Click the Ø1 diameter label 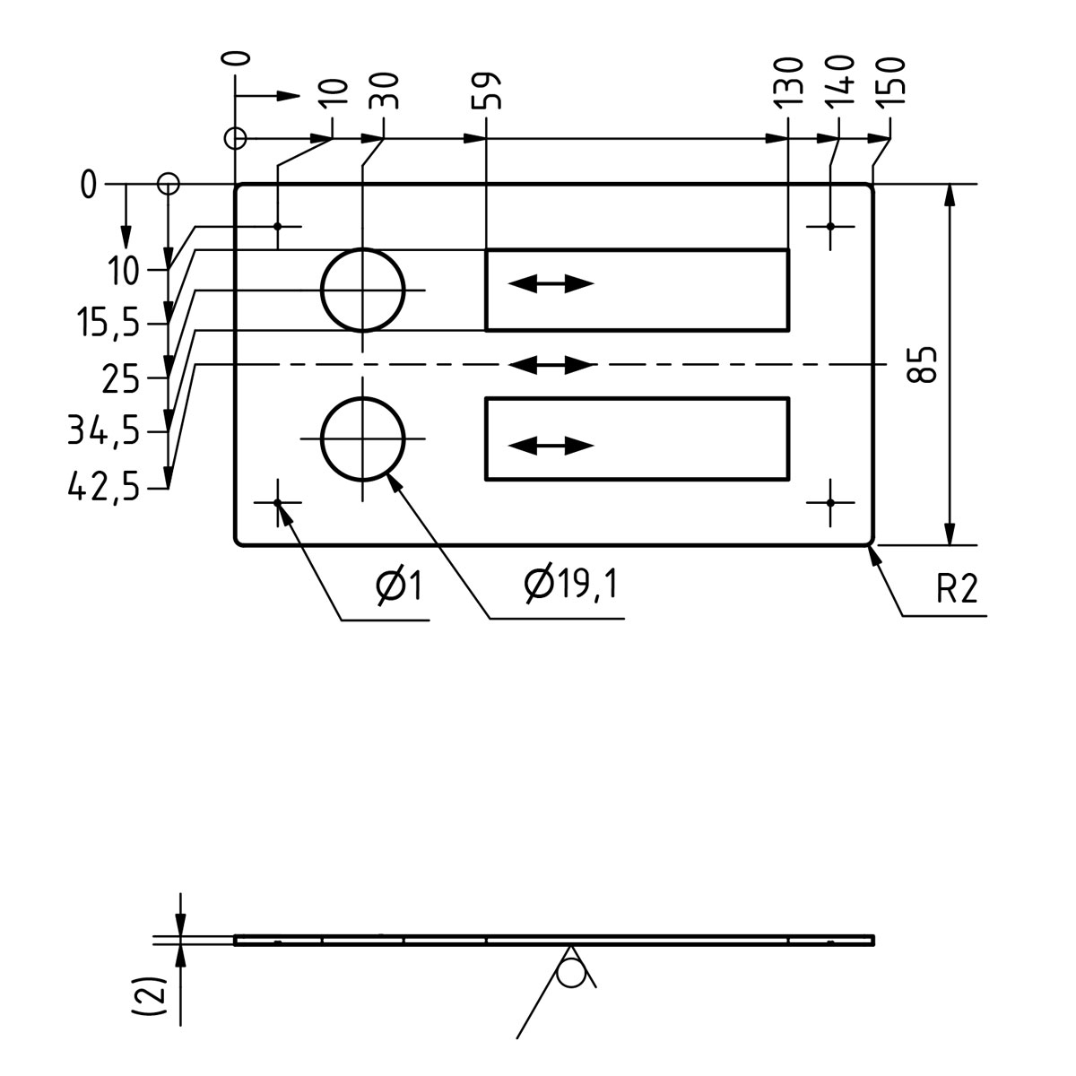tap(399, 586)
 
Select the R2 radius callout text tap(957, 590)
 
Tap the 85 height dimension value tap(923, 364)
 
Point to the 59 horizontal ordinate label tap(491, 90)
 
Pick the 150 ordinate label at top tap(894, 82)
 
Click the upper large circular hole tap(363, 290)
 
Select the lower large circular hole tap(363, 438)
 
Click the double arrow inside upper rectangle tap(551, 284)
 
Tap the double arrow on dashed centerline tap(551, 365)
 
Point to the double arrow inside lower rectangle tap(551, 445)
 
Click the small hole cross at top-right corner tap(830, 226)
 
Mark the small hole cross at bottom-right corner tap(830, 502)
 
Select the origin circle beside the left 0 tap(168, 185)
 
